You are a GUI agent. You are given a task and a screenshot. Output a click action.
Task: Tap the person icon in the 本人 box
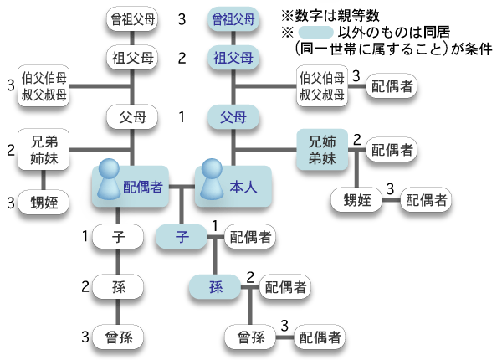coord(213,183)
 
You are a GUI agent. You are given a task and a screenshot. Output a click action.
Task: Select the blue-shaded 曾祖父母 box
coord(233,18)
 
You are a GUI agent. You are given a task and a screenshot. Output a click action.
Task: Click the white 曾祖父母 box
coord(133,18)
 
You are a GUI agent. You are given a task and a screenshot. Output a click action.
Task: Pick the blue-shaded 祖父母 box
coord(233,58)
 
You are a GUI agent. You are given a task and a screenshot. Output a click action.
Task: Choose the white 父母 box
coord(133,115)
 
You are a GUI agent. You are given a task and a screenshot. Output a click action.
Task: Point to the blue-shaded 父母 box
coord(233,115)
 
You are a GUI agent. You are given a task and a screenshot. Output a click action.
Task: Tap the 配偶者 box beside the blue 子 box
coord(250,237)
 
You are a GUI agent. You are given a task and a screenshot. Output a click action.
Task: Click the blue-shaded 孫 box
coord(216,287)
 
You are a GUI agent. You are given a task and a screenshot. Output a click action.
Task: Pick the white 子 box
coord(118,237)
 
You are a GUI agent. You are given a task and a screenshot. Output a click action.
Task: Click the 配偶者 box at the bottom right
coord(320,337)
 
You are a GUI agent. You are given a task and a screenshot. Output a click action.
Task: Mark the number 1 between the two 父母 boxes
coord(182,115)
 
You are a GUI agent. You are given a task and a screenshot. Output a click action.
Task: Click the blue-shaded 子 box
coord(182,237)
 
